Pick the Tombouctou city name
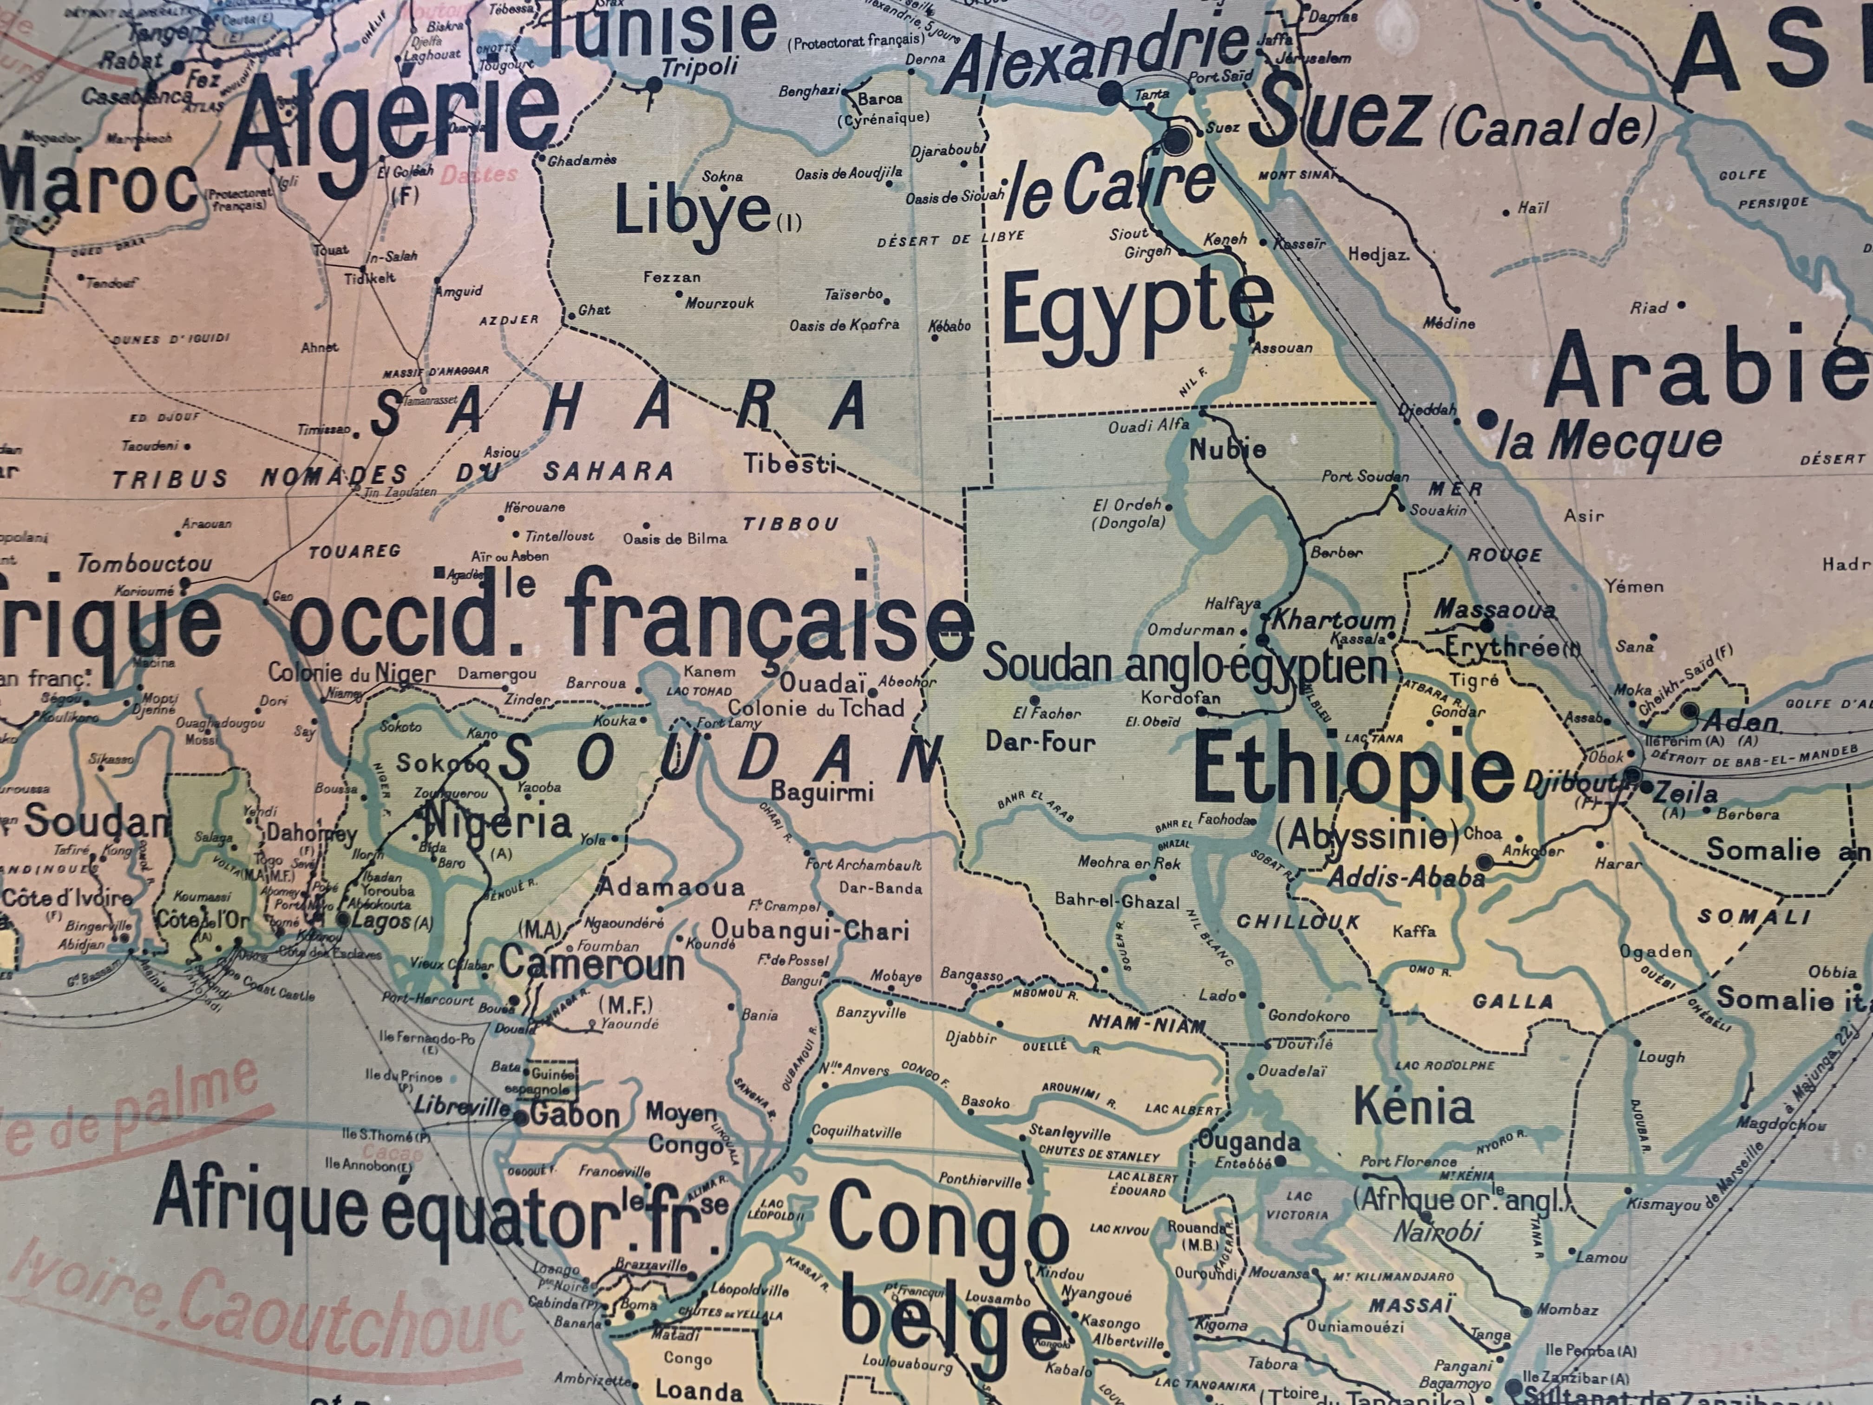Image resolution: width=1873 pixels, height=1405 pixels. coord(145,563)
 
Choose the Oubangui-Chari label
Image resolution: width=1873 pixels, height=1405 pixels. coord(810,930)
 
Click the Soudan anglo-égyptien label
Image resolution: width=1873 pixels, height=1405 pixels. coord(1184,666)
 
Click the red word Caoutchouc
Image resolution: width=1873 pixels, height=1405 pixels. coord(351,1321)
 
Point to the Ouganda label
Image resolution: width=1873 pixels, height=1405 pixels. coord(1249,1142)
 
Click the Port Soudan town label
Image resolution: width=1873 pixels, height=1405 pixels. coord(1365,477)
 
